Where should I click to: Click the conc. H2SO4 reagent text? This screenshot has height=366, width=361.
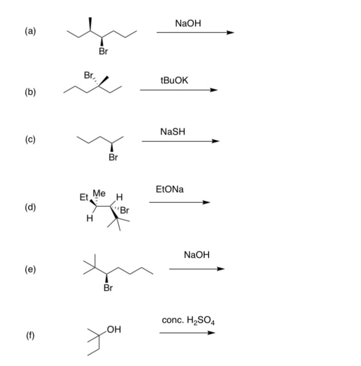point(188,321)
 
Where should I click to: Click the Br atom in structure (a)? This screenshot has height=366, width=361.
point(103,52)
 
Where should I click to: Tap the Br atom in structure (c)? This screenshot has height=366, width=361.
point(113,157)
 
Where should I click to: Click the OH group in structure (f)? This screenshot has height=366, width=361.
point(113,330)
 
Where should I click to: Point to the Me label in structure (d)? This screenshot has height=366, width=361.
point(99,193)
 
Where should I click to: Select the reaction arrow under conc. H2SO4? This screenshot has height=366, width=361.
point(187,334)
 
